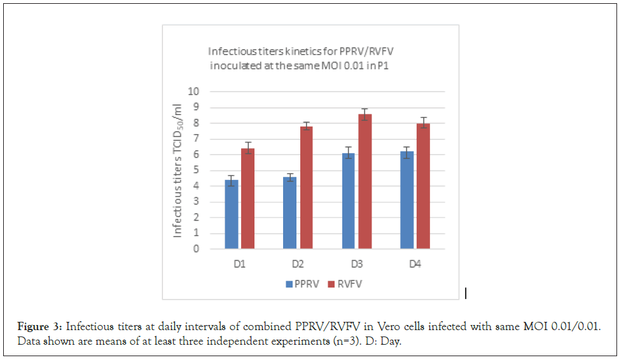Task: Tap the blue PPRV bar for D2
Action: tap(290, 213)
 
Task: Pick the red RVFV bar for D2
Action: tap(306, 188)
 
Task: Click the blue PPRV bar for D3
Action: tap(349, 201)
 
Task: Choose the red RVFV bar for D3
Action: tap(365, 181)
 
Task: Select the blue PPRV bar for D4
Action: tap(407, 200)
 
